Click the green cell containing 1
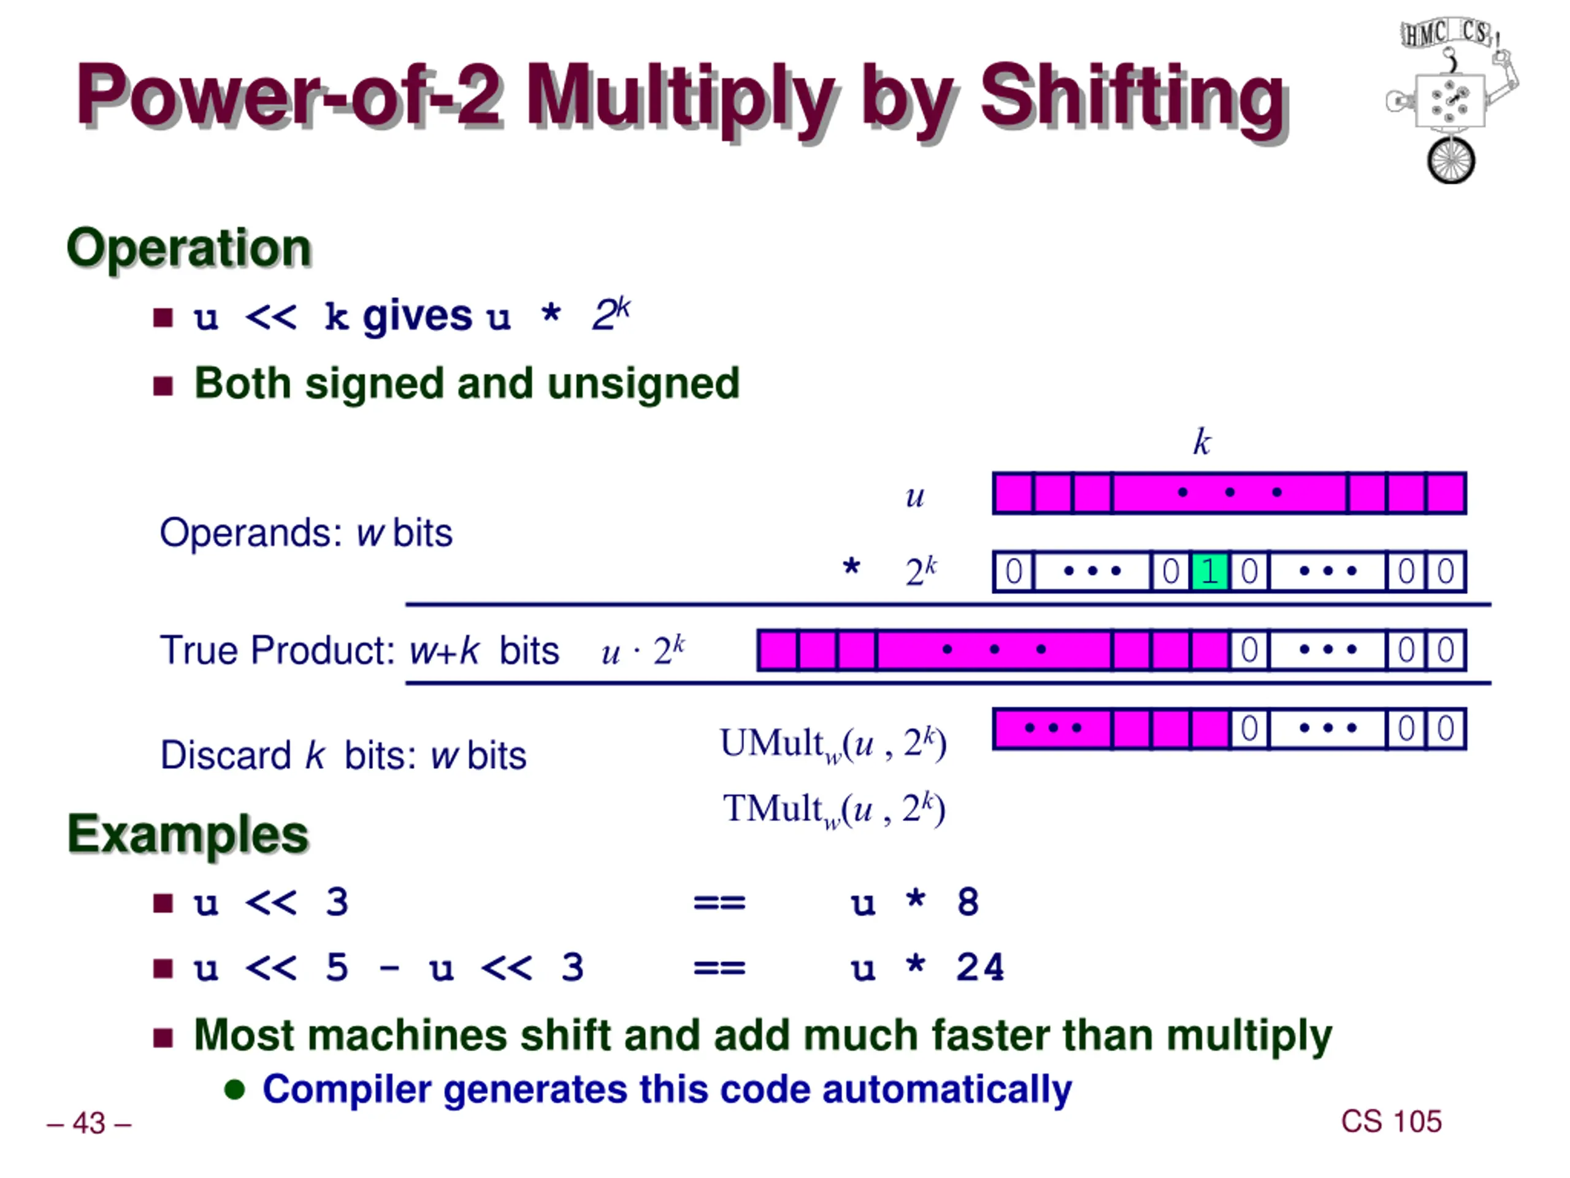coord(1209,571)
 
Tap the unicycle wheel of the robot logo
coord(1451,161)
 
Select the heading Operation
coord(189,248)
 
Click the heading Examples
coord(188,834)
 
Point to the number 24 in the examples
coord(980,967)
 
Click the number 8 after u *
coord(967,903)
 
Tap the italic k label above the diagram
coord(1201,442)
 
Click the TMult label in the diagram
coord(772,808)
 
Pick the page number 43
coord(89,1123)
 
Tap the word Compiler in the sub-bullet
coord(347,1089)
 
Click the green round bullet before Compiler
coord(234,1089)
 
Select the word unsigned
coord(643,383)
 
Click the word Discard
coord(225,755)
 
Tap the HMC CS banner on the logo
coord(1444,33)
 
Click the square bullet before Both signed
coord(163,385)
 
